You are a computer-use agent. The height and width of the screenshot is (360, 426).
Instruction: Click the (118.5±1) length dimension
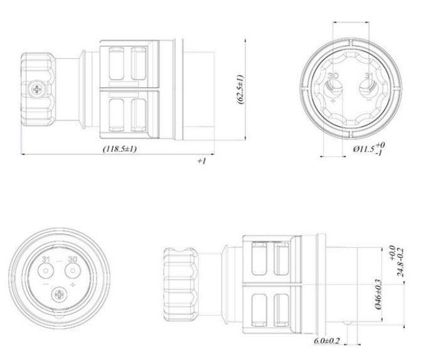[x=120, y=149]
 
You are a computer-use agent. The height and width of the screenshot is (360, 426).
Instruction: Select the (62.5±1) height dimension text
[x=241, y=89]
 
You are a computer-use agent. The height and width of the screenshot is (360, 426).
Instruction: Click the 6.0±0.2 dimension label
[x=327, y=341]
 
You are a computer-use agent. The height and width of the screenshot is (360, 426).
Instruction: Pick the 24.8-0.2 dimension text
[x=400, y=262]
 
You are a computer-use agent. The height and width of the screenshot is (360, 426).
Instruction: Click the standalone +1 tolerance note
[x=201, y=161]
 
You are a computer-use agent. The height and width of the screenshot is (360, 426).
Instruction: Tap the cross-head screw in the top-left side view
[x=36, y=89]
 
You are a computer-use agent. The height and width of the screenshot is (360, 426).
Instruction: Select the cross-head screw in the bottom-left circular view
[x=59, y=295]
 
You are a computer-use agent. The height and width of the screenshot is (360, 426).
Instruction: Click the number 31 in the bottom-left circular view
[x=46, y=259]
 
